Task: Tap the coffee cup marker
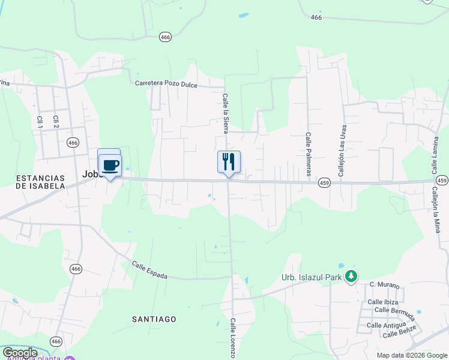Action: click(110, 165)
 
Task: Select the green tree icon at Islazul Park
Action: click(351, 277)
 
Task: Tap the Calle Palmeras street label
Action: click(308, 154)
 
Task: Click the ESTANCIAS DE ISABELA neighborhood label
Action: click(41, 182)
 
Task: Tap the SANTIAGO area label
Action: click(154, 319)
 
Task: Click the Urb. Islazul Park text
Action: click(312, 277)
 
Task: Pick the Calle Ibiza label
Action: click(384, 302)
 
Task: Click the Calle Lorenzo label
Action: click(233, 338)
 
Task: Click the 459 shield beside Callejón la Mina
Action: click(442, 181)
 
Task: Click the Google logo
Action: click(20, 353)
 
